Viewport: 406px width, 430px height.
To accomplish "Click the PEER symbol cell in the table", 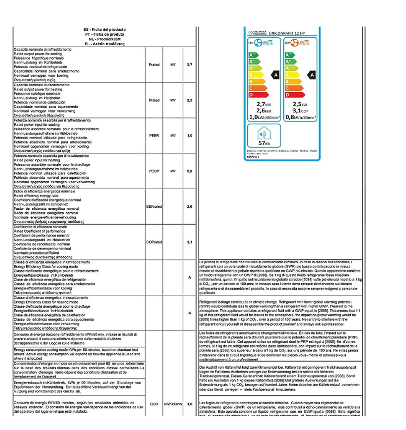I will click(154, 135).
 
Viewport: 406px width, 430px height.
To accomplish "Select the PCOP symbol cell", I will click(154, 171).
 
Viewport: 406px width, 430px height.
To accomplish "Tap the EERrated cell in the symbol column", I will click(154, 206).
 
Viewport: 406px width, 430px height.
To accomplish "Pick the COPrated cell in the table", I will click(154, 242).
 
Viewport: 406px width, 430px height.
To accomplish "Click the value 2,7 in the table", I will click(189, 65).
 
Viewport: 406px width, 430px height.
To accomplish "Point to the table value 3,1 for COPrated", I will click(189, 242).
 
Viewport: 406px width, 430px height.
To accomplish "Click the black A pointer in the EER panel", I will click(275, 75).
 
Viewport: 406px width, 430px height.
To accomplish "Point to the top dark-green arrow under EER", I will click(252, 55).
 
